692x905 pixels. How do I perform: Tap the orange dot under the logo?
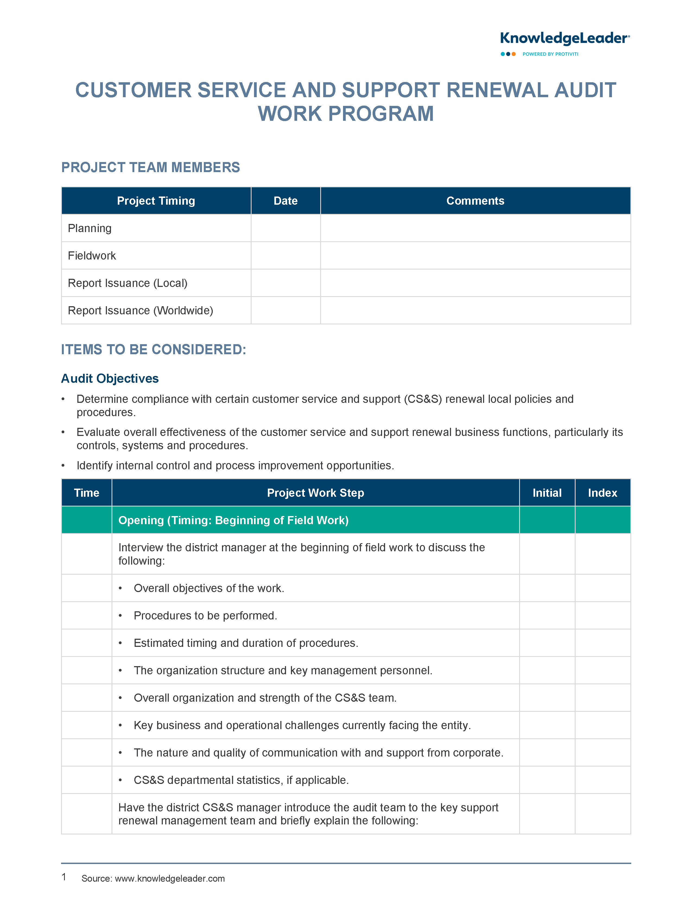pyautogui.click(x=514, y=54)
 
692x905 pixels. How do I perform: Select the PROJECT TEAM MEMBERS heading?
pyautogui.click(x=150, y=167)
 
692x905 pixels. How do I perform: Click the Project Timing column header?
pyautogui.click(x=156, y=201)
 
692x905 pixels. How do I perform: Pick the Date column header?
pyautogui.click(x=285, y=201)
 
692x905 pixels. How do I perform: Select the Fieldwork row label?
pyautogui.click(x=92, y=256)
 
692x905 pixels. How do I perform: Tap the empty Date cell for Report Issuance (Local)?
pyautogui.click(x=285, y=283)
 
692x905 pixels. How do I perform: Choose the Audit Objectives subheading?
pyautogui.click(x=110, y=378)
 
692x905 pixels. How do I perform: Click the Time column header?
pyautogui.click(x=87, y=493)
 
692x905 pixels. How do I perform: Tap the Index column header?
pyautogui.click(x=602, y=493)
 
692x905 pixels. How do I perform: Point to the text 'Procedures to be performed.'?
pyautogui.click(x=205, y=615)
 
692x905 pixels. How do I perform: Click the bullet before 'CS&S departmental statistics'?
pyautogui.click(x=120, y=780)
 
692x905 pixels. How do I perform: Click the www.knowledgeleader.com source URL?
pyautogui.click(x=170, y=878)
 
